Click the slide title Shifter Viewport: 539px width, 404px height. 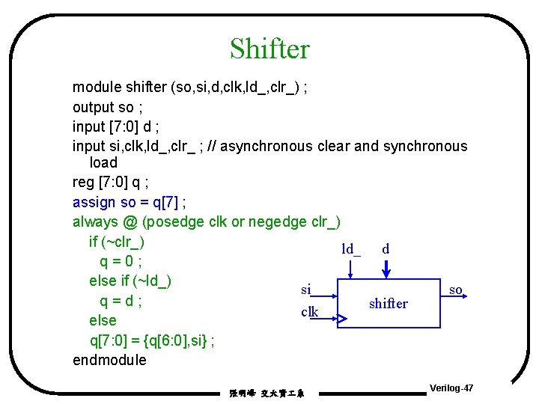tap(269, 49)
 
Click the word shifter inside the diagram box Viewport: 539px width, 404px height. tap(389, 304)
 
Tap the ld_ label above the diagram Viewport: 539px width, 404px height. tap(351, 249)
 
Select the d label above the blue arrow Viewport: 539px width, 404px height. tap(386, 248)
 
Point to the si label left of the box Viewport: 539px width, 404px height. tap(305, 289)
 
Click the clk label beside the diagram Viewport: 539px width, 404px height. tap(309, 312)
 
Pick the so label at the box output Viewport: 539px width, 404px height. tap(455, 289)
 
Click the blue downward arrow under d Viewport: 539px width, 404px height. tap(386, 269)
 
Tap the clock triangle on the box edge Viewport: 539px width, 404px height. tap(341, 319)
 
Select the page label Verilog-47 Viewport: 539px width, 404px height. tap(451, 389)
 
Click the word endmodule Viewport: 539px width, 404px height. tap(109, 360)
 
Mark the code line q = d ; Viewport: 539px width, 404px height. tap(121, 301)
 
